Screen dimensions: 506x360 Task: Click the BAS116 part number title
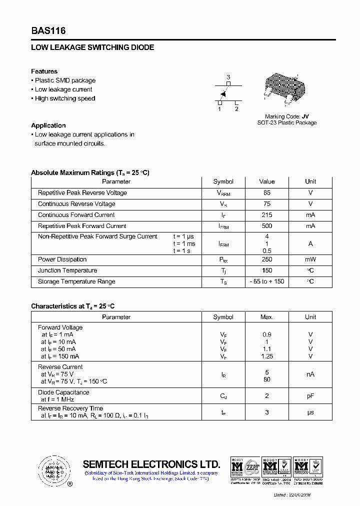click(48, 31)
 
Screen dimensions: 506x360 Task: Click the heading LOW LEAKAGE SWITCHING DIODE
click(92, 47)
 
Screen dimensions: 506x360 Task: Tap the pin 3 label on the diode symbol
click(228, 77)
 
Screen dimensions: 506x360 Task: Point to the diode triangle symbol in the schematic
click(223, 93)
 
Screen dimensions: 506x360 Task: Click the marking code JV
click(305, 116)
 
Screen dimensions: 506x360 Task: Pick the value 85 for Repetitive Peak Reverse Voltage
click(266, 193)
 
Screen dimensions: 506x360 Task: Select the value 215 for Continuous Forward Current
click(266, 215)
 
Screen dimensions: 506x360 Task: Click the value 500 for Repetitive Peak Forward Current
click(266, 226)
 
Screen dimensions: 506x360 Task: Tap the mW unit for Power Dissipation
click(310, 259)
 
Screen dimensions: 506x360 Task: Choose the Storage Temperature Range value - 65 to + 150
click(266, 281)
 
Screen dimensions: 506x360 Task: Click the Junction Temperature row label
click(67, 270)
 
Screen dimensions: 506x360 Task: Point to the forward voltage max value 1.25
click(266, 356)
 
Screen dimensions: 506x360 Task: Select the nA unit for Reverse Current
click(310, 374)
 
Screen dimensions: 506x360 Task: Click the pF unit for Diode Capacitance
click(310, 396)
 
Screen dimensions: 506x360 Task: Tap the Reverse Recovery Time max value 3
click(266, 412)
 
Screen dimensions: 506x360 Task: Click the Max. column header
click(266, 317)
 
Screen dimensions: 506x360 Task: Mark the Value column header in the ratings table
click(266, 181)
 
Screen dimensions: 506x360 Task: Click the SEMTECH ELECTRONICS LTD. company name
click(151, 464)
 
